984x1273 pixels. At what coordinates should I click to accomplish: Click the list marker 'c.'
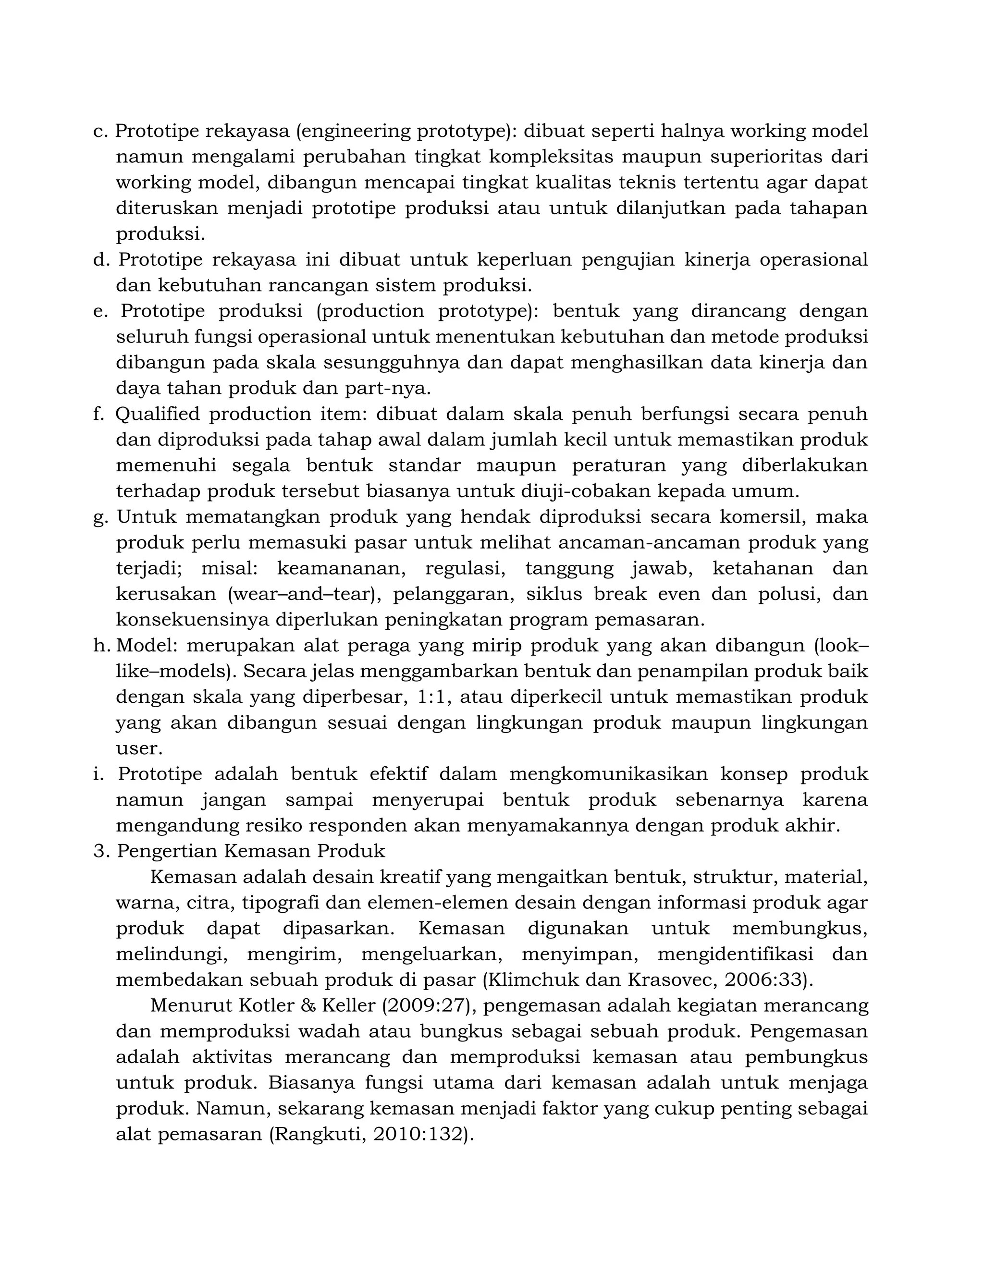100,131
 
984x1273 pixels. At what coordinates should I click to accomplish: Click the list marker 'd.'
101,259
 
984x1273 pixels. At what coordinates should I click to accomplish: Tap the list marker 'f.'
98,414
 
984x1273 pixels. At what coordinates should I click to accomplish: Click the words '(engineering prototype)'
406,131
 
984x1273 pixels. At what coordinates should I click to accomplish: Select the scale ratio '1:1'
433,697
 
